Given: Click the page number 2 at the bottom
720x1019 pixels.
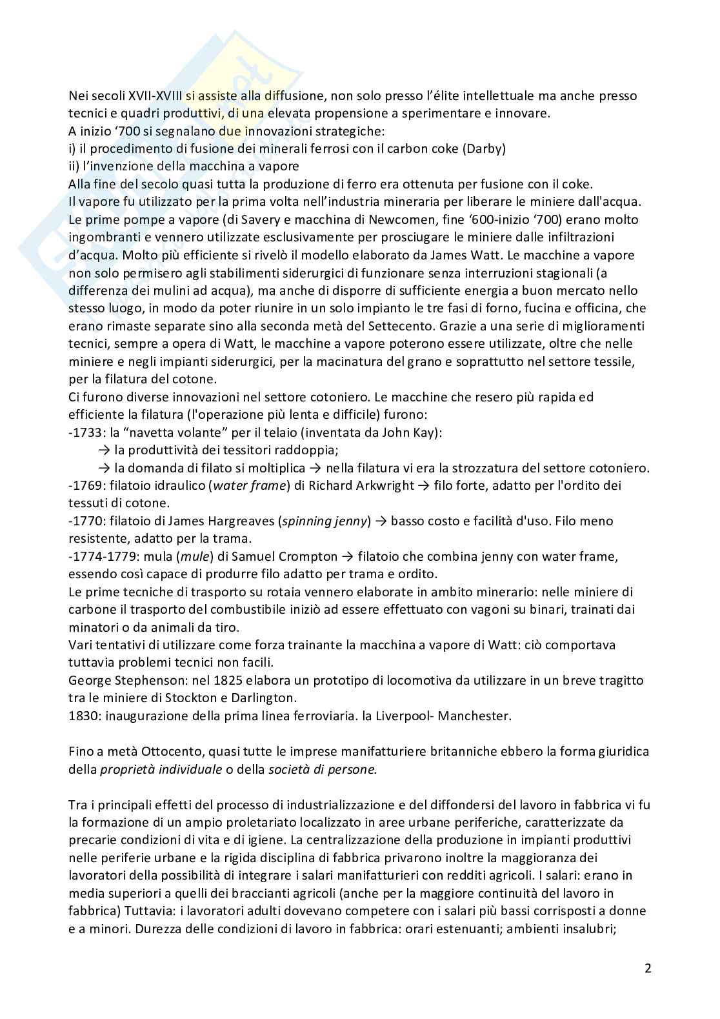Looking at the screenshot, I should [x=647, y=968].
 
